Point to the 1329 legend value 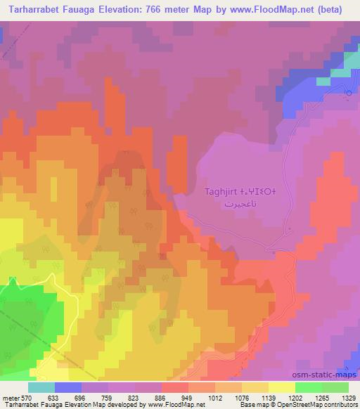(349, 397)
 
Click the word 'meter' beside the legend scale (11, 397)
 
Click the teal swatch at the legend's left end (41, 387)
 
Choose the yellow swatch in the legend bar (282, 387)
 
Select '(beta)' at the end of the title (337, 11)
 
